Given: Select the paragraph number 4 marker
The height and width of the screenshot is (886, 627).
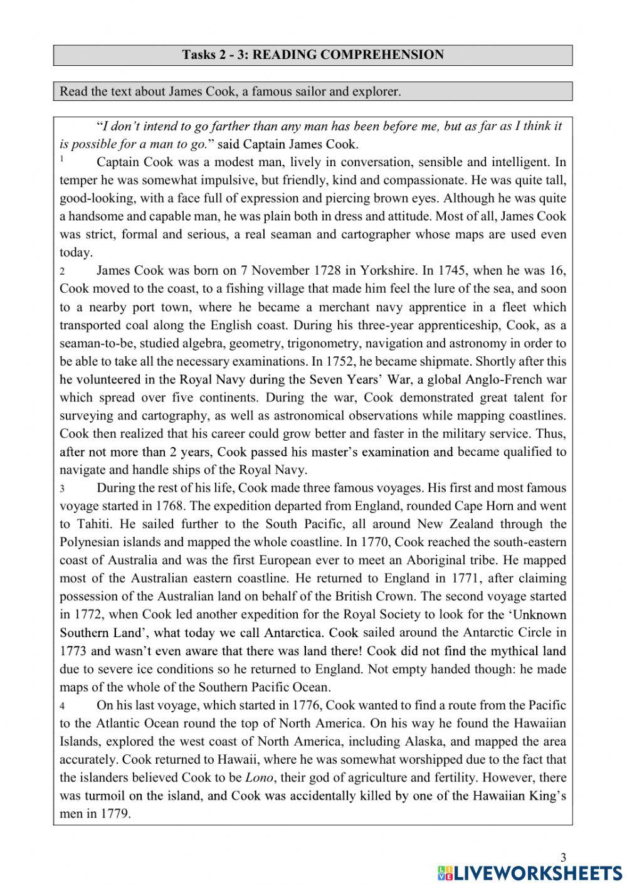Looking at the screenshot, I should (62, 706).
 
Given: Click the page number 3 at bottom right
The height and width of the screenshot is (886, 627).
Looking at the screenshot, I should (562, 858).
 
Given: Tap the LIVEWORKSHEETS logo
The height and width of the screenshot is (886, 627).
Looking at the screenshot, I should (529, 873).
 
